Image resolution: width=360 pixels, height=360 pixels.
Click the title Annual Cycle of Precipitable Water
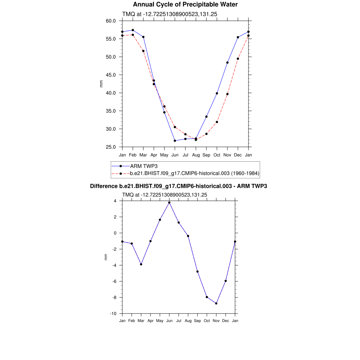[185, 5]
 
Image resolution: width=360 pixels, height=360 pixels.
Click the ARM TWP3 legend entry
[143, 166]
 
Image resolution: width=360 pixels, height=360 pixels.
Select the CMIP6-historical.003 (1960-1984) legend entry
[194, 173]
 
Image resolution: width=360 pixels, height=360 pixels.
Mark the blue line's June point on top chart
[175, 141]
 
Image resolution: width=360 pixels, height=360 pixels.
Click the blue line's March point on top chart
[143, 37]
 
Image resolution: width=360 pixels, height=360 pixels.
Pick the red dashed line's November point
[227, 94]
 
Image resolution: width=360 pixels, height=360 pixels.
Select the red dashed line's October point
[217, 122]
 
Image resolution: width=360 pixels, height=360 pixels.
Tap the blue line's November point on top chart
[227, 63]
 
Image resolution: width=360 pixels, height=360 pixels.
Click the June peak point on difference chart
[169, 202]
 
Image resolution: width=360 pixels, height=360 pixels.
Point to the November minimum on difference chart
[216, 303]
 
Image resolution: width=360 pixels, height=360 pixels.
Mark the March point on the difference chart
[141, 264]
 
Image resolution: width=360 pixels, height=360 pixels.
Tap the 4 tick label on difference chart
[115, 201]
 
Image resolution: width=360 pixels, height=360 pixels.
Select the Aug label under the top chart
[196, 155]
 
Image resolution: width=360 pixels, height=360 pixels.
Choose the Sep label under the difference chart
[197, 321]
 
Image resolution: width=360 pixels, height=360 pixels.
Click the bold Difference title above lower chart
[178, 186]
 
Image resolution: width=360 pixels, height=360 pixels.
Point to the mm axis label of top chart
[101, 84]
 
